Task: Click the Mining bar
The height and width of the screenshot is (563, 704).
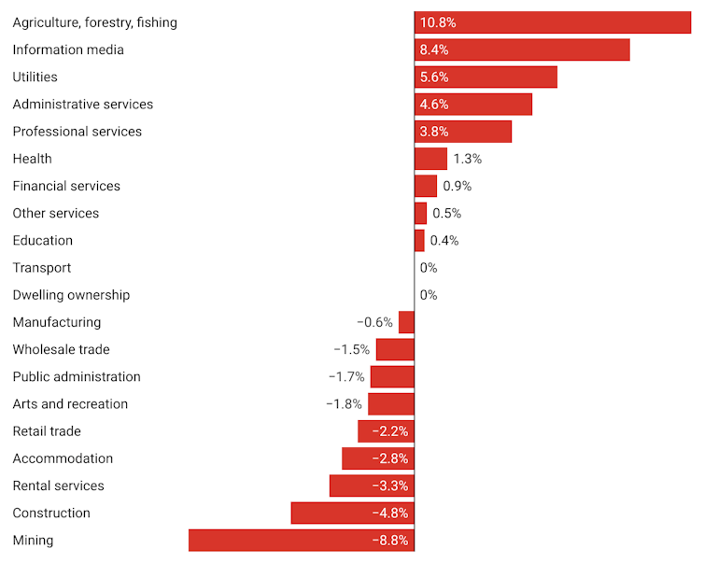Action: tap(301, 541)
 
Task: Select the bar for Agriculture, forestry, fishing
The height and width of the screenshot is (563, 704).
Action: tap(553, 22)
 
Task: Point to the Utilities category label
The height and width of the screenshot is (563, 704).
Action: tap(35, 77)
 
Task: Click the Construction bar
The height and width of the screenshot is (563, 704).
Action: tap(352, 514)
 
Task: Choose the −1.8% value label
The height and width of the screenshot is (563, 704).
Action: tap(344, 404)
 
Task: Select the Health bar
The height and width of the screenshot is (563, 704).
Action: tap(430, 159)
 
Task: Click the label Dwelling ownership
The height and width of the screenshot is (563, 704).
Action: tap(71, 295)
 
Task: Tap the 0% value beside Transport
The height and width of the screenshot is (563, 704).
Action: tap(429, 268)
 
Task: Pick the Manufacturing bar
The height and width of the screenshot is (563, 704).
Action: tap(406, 322)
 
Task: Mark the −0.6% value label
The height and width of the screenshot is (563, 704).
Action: tap(374, 322)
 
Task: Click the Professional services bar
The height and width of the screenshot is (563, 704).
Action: tap(463, 132)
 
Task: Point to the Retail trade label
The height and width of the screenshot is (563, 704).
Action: tap(47, 431)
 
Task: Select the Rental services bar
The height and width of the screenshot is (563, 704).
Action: tap(372, 486)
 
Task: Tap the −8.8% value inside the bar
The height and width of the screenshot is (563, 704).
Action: tap(389, 541)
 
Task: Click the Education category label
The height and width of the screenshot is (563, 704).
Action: tap(42, 240)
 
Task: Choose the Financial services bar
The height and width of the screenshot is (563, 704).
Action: tap(426, 186)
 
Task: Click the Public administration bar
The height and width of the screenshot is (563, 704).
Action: tap(392, 377)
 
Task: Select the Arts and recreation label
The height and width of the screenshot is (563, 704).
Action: tap(70, 404)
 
